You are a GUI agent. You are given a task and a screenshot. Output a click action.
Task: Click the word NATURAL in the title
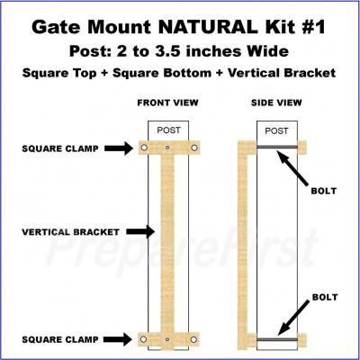tap(207, 27)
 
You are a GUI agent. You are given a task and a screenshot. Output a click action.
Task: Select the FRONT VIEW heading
tap(167, 103)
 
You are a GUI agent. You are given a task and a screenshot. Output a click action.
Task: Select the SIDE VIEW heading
tap(276, 103)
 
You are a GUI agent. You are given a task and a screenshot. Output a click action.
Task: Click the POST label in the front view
tap(169, 130)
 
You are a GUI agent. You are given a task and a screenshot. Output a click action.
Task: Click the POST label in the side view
tap(276, 131)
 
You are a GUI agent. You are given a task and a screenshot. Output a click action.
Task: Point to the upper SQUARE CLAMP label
tap(60, 148)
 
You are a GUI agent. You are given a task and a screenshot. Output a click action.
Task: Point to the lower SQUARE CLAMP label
tap(60, 339)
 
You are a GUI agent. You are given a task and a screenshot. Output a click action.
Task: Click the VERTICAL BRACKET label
tap(71, 232)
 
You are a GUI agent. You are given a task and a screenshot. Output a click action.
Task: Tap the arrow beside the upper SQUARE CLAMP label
tap(119, 148)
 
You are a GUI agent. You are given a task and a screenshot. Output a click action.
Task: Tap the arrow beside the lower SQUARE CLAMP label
tap(118, 339)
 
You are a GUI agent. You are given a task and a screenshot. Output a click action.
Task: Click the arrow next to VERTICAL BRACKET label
tap(140, 231)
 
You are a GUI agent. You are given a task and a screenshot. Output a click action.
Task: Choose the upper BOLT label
tap(324, 191)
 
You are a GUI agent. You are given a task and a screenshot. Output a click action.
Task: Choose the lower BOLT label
tap(325, 297)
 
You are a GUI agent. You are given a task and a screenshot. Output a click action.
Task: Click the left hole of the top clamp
tap(144, 148)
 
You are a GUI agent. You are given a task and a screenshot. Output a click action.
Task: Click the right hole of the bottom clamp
tap(193, 339)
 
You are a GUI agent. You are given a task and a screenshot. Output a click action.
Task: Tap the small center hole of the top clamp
tap(167, 148)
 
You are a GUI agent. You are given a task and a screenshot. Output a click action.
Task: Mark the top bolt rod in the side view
tap(277, 147)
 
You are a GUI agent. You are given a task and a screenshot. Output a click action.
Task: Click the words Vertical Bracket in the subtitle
tap(282, 73)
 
